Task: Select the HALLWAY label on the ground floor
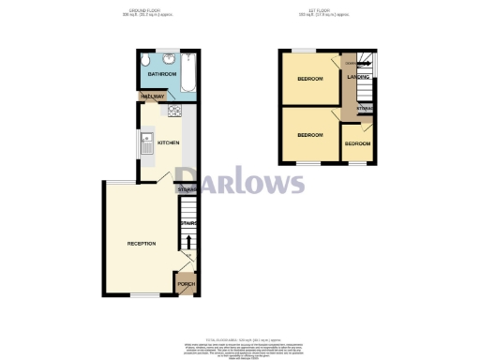pyautogui.click(x=152, y=97)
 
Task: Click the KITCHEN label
pyautogui.click(x=168, y=142)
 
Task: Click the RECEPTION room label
pyautogui.click(x=142, y=244)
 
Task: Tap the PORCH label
pyautogui.click(x=186, y=283)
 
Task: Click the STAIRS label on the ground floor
pyautogui.click(x=187, y=222)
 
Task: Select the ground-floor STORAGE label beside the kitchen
pyautogui.click(x=187, y=190)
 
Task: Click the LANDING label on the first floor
pyautogui.click(x=358, y=77)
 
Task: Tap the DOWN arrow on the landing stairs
pyautogui.click(x=349, y=64)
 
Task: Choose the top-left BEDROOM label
pyautogui.click(x=310, y=79)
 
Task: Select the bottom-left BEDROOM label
pyautogui.click(x=310, y=135)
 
